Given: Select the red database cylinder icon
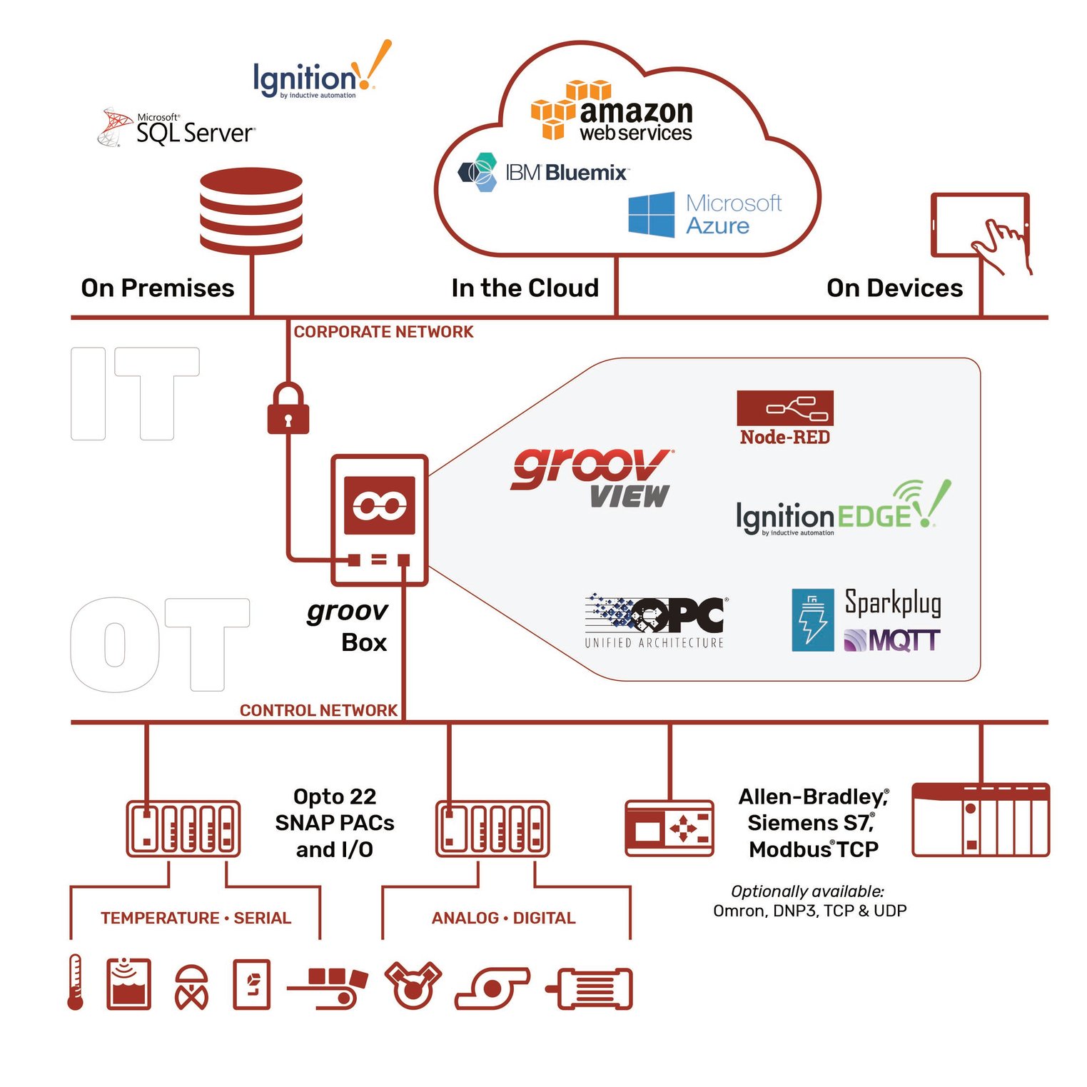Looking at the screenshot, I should pos(251,211).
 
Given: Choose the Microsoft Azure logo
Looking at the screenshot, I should pos(704,214).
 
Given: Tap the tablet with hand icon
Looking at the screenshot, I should pos(981,228).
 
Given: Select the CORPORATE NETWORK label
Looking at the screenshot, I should pos(383,332).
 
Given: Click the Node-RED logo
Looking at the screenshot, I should pos(784,418).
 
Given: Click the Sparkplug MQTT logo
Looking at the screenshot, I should pos(867,620).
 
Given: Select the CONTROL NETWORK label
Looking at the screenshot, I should pos(318,710).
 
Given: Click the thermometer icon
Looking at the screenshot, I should pos(75,983).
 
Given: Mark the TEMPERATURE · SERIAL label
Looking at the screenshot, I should pos(196,918).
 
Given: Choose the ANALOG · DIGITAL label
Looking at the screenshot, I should pos(503,918).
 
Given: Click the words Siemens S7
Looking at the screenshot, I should pos(810,823).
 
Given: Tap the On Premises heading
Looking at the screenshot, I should pos(158,288).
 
